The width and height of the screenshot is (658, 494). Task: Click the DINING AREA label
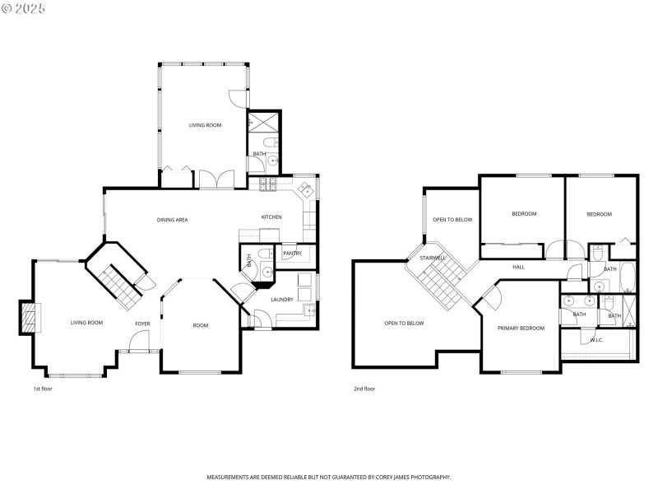tap(173, 220)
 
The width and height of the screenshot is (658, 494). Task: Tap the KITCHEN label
tap(271, 217)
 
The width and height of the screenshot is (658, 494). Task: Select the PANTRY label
tap(292, 254)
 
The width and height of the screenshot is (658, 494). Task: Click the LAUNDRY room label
tap(282, 300)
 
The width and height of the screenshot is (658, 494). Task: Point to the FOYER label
tap(142, 324)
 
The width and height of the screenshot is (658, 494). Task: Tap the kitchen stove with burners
tap(269, 185)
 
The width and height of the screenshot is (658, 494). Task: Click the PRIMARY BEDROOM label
tap(521, 329)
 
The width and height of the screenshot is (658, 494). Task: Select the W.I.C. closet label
tap(596, 340)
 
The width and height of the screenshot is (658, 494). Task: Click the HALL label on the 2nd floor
tap(518, 267)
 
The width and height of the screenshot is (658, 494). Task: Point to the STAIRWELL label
tap(433, 258)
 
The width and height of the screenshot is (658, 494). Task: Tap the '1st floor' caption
tap(43, 389)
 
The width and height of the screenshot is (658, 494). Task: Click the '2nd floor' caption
tap(364, 389)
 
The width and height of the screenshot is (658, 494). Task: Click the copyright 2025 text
tap(24, 8)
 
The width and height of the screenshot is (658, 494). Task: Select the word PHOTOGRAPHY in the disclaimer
tap(429, 478)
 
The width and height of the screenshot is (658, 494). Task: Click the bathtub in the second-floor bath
tap(627, 277)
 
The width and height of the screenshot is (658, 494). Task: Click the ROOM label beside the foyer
tap(200, 325)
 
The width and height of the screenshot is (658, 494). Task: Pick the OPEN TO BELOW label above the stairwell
tap(452, 220)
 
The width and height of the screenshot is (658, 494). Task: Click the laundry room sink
tap(308, 310)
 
